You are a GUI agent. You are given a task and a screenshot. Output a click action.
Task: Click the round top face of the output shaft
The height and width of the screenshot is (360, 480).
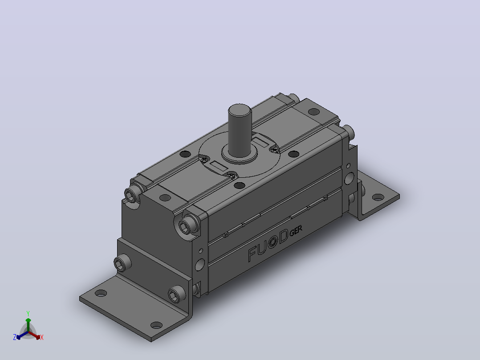tap(240, 110)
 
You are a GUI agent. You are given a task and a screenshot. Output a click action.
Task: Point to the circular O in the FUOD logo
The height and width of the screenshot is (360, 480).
tap(273, 243)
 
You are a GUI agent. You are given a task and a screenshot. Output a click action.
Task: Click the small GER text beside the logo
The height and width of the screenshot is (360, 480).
tap(296, 231)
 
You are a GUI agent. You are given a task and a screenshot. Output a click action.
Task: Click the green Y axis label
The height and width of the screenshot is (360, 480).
tap(28, 313)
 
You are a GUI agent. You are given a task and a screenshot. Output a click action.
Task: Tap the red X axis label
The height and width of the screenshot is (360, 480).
tap(42, 337)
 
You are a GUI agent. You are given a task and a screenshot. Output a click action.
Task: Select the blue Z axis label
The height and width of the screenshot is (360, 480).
tap(15, 337)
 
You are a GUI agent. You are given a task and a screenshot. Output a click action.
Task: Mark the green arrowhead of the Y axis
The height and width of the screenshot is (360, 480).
tap(28, 320)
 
